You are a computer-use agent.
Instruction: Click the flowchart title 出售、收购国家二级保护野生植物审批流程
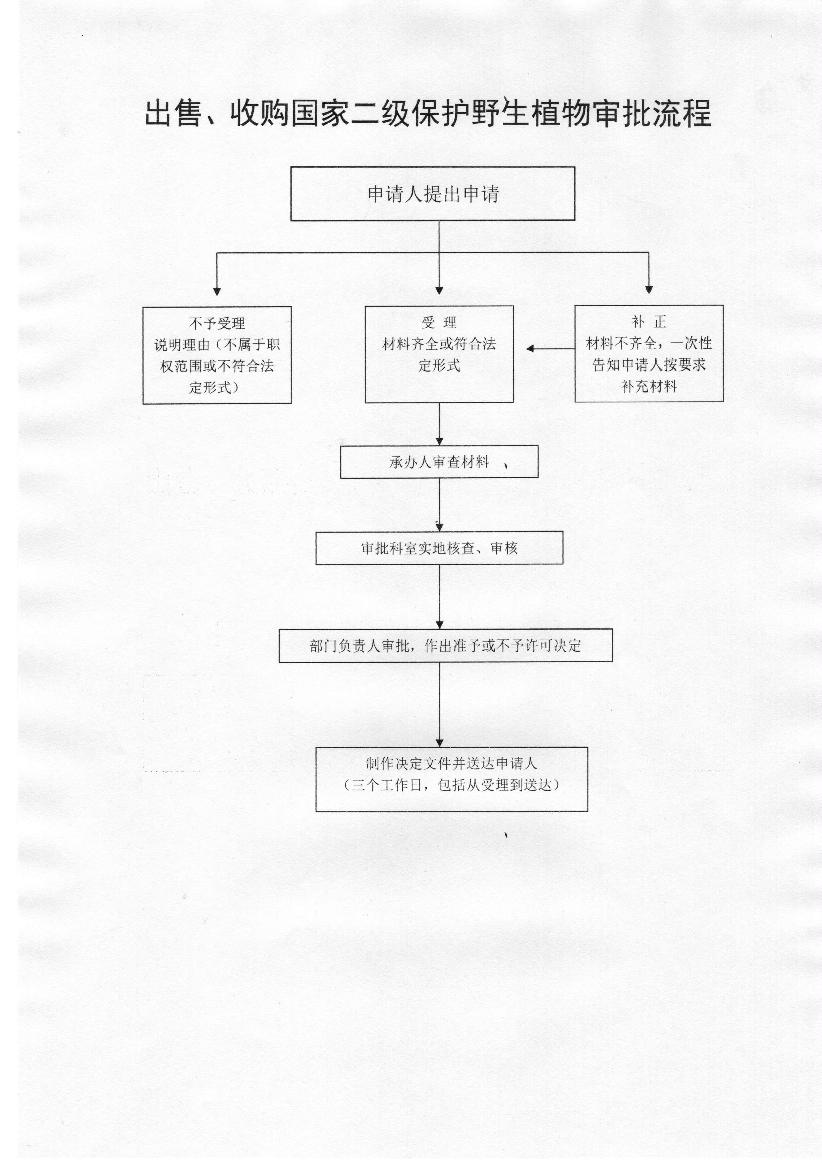coord(428,113)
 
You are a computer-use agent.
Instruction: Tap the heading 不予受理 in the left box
coord(217,323)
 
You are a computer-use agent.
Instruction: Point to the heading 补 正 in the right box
coord(649,321)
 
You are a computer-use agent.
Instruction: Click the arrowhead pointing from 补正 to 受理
coord(530,348)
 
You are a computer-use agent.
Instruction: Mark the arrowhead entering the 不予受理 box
coord(217,291)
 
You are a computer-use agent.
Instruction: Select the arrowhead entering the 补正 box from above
coord(649,290)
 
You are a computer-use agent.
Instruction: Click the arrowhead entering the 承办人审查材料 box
coord(439,441)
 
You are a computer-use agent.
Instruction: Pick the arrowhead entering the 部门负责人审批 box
coord(439,624)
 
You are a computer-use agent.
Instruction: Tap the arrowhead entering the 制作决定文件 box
coord(439,743)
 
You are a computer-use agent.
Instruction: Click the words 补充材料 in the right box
coord(649,386)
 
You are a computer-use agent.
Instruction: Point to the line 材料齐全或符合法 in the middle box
coord(439,344)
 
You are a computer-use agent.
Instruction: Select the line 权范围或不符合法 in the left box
coord(217,366)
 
